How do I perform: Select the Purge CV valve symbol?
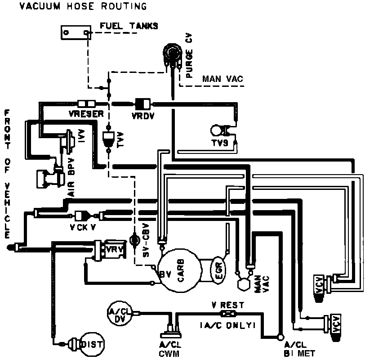pyautogui.click(x=172, y=52)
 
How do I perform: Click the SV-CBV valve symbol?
pyautogui.click(x=134, y=240)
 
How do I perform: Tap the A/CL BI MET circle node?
pyautogui.click(x=282, y=336)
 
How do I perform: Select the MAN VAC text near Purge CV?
pyautogui.click(x=222, y=79)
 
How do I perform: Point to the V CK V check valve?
pyautogui.click(x=84, y=215)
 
